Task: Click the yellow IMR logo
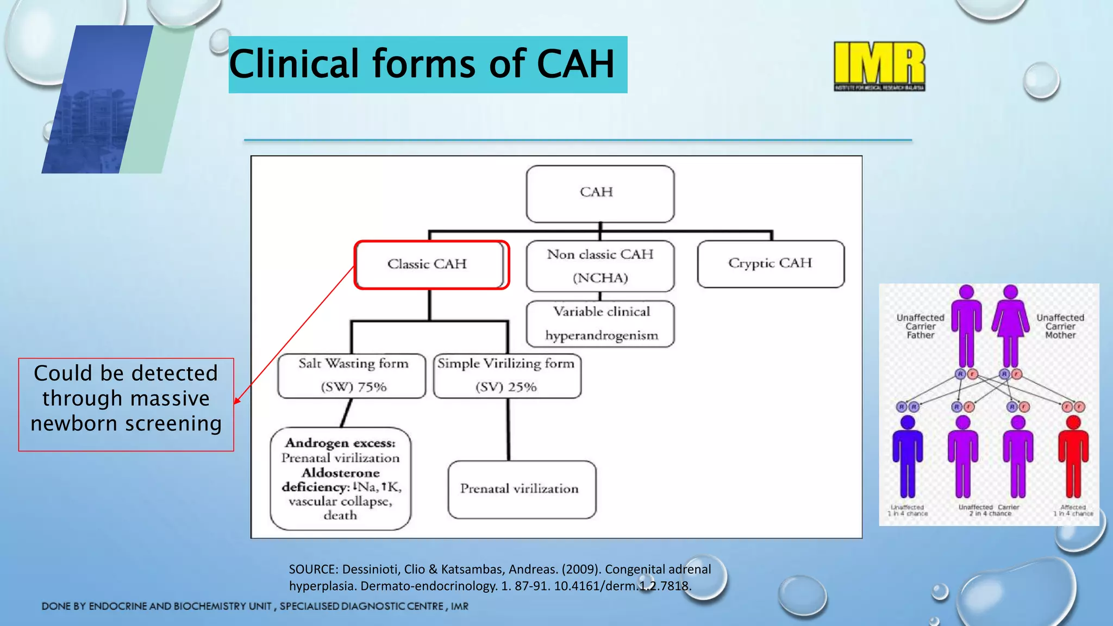coord(879,65)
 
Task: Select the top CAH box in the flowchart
coord(600,193)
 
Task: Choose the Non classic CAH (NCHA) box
coord(600,266)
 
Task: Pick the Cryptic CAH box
coord(771,264)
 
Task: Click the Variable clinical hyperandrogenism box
coord(601,323)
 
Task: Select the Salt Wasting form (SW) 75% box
coord(352,375)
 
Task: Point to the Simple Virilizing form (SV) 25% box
coord(507,375)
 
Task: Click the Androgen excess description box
coord(341,479)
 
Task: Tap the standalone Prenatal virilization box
coord(521,489)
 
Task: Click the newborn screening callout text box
coord(126,404)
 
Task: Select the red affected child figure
coord(1073,456)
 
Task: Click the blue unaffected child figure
coord(907,456)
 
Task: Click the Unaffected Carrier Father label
coord(920,327)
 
